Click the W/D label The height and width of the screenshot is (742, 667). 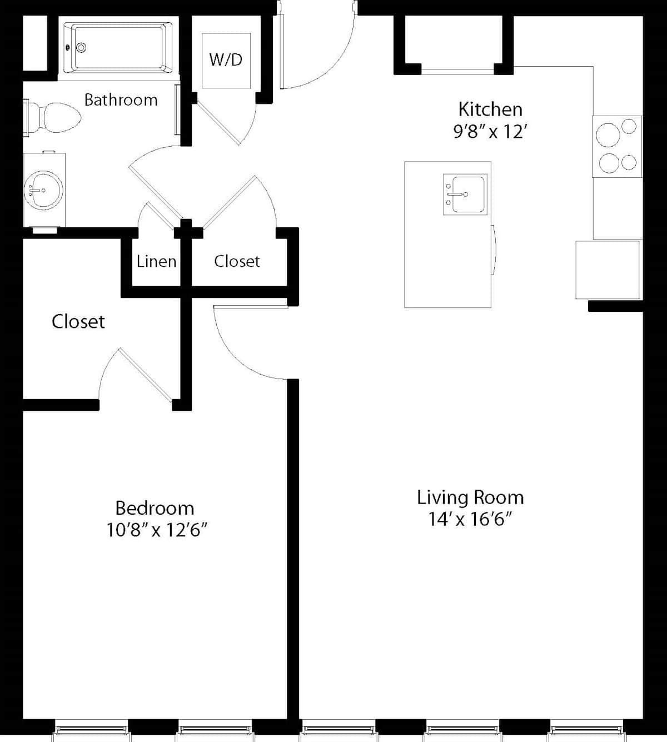click(226, 59)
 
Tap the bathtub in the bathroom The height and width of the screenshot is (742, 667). click(118, 47)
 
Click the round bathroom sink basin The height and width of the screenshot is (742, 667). click(43, 190)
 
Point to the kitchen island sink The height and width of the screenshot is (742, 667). click(465, 195)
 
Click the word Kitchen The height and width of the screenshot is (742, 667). click(490, 109)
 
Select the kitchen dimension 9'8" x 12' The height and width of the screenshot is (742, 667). click(490, 131)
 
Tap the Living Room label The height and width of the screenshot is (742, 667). click(470, 497)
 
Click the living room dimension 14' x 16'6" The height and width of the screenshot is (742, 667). click(470, 519)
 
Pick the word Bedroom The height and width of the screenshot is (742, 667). click(155, 508)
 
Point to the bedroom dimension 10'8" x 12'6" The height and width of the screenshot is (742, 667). click(157, 530)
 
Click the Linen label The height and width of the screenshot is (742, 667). click(156, 262)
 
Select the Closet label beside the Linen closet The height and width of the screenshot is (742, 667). click(237, 261)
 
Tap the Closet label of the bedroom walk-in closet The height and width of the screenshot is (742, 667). click(78, 321)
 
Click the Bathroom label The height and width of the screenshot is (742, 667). click(121, 100)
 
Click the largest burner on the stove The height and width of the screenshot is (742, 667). click(609, 135)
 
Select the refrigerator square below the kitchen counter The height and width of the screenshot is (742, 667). click(608, 270)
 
